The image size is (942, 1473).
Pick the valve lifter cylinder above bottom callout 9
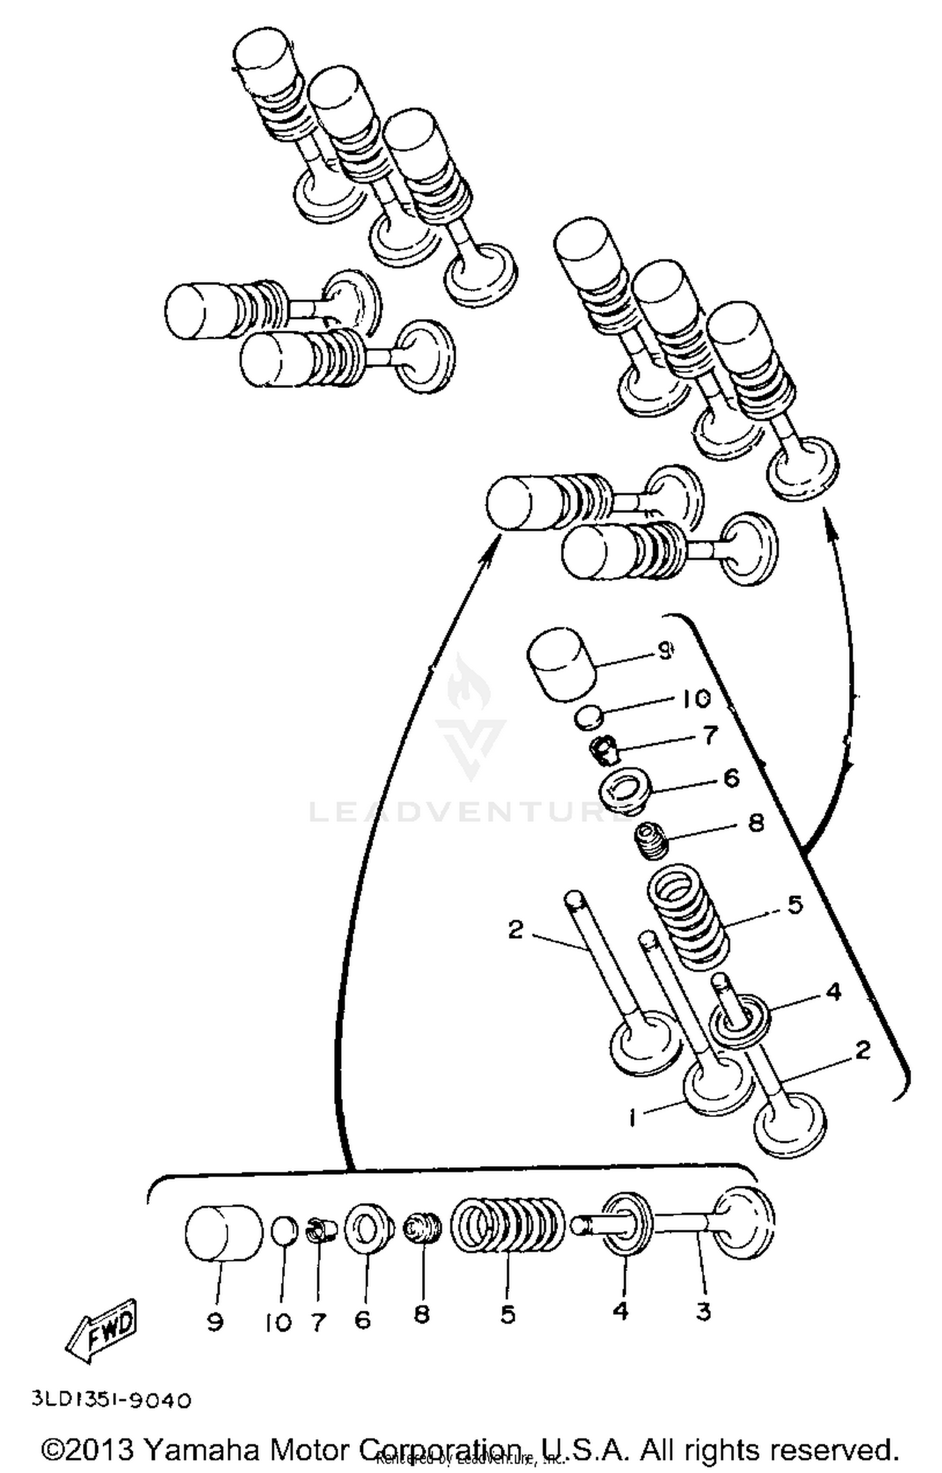224,1234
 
